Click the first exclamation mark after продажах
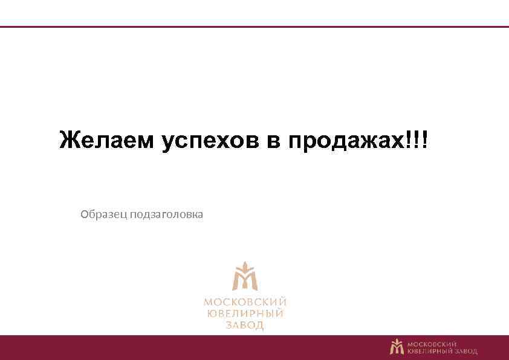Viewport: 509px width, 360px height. pyautogui.click(x=413, y=140)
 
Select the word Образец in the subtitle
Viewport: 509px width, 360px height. pyautogui.click(x=102, y=214)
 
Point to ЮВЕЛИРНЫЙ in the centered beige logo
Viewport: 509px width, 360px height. pyautogui.click(x=245, y=314)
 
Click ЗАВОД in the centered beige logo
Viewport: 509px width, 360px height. pyautogui.click(x=245, y=326)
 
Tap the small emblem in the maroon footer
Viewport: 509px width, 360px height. pyautogui.click(x=397, y=346)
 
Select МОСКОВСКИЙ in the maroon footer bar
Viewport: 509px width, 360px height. pyautogui.click(x=432, y=343)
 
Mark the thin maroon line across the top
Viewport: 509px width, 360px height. pyautogui.click(x=254, y=27)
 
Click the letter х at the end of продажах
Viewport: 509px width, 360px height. pyautogui.click(x=401, y=142)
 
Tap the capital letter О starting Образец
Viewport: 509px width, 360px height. pyautogui.click(x=85, y=214)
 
